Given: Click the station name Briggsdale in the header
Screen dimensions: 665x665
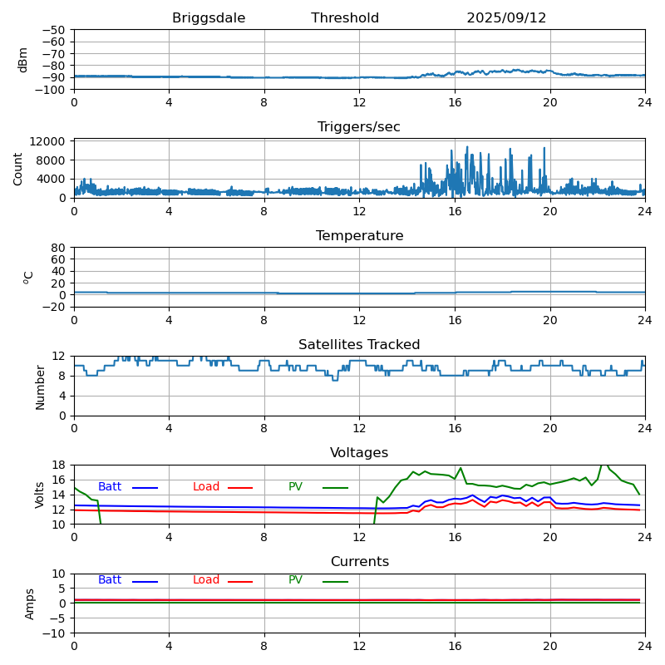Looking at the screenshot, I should point(209,18).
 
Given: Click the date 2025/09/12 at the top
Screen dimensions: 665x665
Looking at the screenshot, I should point(506,18).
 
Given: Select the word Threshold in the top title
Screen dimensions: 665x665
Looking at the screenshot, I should point(345,18).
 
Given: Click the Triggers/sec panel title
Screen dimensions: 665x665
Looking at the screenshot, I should point(359,127).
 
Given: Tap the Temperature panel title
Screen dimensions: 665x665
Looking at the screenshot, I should point(359,236).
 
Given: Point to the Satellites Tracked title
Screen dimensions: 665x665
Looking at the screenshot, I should point(359,345).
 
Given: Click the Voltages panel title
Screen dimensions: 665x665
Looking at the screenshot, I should point(359,453).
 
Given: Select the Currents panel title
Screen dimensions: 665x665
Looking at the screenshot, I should point(359,562).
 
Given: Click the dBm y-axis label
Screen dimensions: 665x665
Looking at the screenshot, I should point(23,59).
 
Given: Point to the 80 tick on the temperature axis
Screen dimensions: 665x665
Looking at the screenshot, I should point(59,248).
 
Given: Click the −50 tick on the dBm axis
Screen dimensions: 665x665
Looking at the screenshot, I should point(53,30).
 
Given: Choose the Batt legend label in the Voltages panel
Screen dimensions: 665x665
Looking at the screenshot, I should point(110,487).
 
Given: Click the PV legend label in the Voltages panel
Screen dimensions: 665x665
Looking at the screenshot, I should point(295,487).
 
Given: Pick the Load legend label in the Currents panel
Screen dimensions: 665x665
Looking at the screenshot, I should point(206,580).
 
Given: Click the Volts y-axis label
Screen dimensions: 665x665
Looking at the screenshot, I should point(41,495).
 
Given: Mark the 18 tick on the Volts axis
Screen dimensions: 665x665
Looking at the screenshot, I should point(59,465).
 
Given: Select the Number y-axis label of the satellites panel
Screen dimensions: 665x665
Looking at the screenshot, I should point(41,387).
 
